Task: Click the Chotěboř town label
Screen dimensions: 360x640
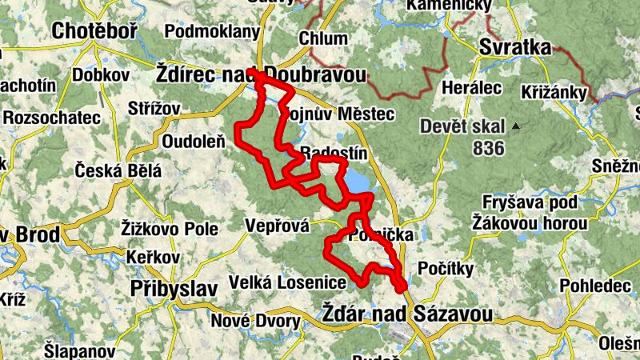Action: point(94,31)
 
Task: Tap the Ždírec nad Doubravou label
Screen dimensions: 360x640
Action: point(261,74)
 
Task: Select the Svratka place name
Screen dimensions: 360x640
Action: point(515,48)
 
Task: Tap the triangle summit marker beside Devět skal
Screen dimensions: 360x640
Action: point(517,126)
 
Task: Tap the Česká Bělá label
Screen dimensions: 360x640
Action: point(118,170)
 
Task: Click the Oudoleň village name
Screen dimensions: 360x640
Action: point(193,141)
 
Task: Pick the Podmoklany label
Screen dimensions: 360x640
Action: point(212,32)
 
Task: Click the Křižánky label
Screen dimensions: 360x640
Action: point(554,90)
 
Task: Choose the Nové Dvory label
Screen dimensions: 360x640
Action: point(256,322)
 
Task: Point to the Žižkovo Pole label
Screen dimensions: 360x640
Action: point(170,229)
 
